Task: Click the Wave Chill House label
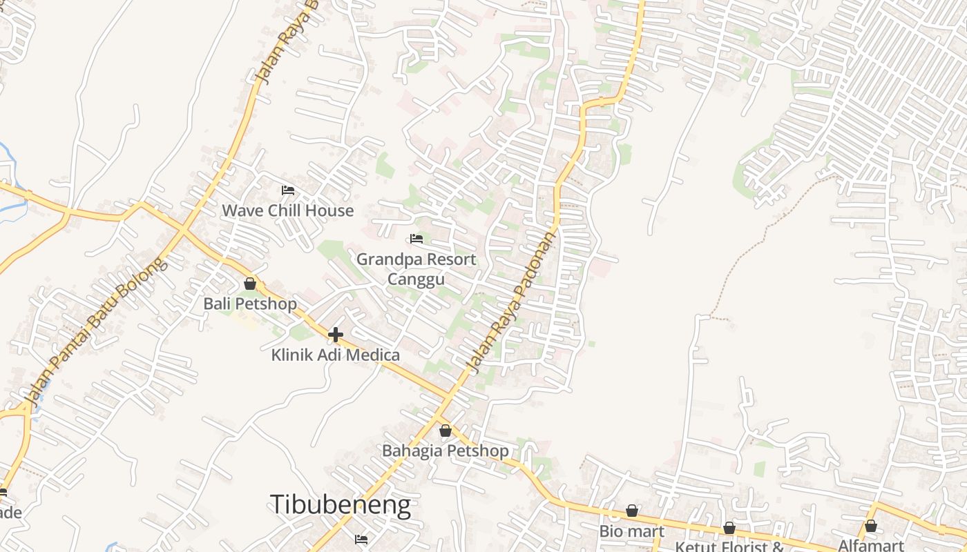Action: pos(287,210)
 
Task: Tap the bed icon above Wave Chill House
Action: pos(288,190)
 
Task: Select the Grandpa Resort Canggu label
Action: pos(416,268)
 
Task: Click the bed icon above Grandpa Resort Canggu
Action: pos(417,239)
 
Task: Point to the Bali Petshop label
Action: pos(250,304)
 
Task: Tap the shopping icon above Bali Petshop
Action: pos(250,284)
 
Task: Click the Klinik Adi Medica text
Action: pos(336,355)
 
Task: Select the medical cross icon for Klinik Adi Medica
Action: pos(336,335)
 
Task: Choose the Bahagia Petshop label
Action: pos(446,451)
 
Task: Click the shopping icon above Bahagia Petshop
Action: pos(446,431)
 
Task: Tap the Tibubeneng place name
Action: pos(340,505)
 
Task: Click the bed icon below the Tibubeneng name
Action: pos(361,539)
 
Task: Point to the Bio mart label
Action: pos(631,531)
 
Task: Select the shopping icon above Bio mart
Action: pos(632,511)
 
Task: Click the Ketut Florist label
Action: pos(729,546)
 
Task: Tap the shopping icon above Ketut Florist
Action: pos(729,528)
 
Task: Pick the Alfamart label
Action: pos(870,545)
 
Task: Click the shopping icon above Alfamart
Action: pos(871,526)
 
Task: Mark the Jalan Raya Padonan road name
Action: pos(512,301)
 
